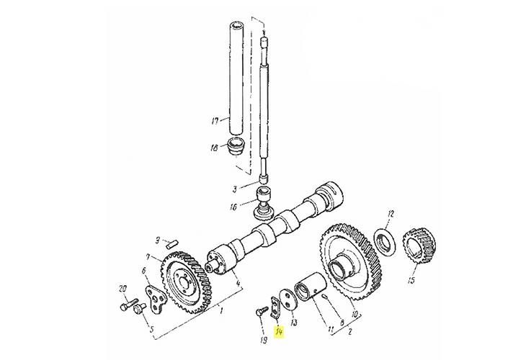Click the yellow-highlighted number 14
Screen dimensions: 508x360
tap(280, 332)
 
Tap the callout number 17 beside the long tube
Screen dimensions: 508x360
tap(215, 121)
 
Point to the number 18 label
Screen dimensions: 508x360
tap(214, 148)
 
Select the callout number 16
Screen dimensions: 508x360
tap(233, 207)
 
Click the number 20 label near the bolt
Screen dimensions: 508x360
tap(123, 289)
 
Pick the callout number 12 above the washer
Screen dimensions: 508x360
tap(391, 213)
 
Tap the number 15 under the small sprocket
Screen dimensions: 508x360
tap(411, 279)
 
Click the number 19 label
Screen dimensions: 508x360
tap(264, 340)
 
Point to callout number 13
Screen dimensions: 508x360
tap(294, 322)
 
